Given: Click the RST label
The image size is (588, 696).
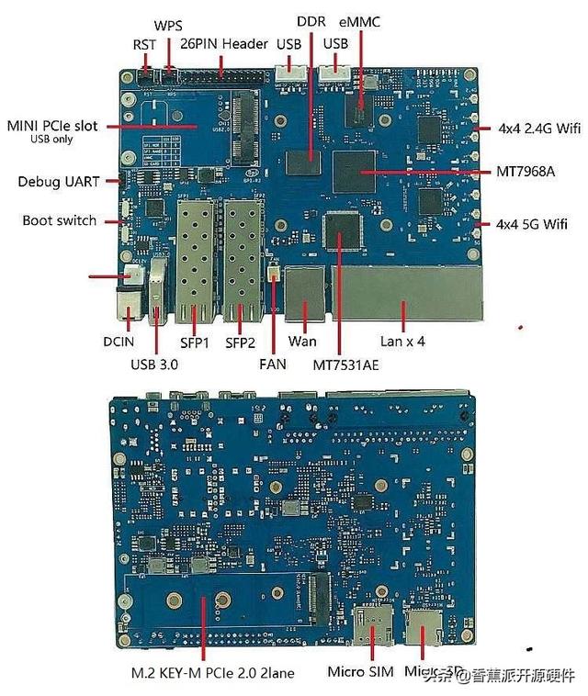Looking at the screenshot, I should (x=144, y=44).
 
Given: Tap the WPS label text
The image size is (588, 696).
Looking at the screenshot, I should (x=169, y=26).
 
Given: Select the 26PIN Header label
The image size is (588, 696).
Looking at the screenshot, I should (x=223, y=43).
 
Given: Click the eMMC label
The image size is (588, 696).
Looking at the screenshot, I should (x=361, y=21).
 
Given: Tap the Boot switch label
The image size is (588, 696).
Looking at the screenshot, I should (x=60, y=220).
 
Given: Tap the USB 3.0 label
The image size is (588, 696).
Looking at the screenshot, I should (x=155, y=364).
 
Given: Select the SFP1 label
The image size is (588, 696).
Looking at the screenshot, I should (x=195, y=342).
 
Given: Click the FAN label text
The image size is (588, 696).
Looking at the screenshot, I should (x=273, y=364).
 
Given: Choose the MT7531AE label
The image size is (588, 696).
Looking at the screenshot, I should (x=346, y=364).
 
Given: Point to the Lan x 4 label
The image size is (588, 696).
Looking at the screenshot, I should (x=403, y=342).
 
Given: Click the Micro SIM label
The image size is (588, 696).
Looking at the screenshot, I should (x=362, y=671).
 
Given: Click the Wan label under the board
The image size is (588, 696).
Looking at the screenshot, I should (x=302, y=342).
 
